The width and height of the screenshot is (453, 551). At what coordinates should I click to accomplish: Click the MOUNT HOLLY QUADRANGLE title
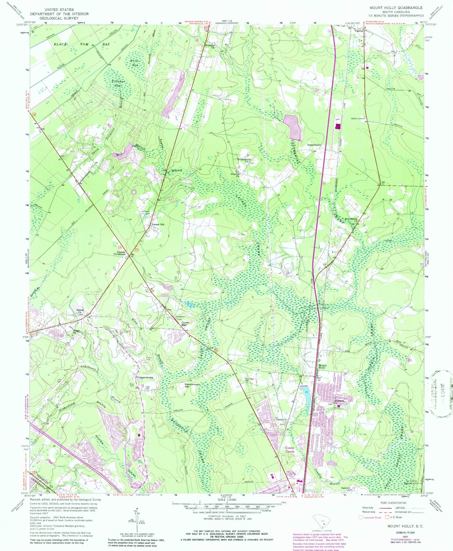pos(396,8)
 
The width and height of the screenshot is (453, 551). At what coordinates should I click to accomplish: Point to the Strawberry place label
pos(314,145)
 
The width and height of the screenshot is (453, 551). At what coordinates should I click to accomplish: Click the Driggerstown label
pos(145,377)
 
